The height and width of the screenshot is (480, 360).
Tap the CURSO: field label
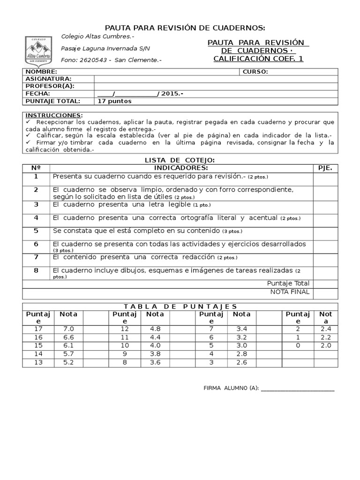tap(255, 72)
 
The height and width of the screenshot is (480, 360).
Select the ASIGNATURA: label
tap(48, 79)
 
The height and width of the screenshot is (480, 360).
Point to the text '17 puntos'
tap(115, 101)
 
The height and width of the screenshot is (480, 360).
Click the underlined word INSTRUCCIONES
tap(53, 115)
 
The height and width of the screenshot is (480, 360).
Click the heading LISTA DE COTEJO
tap(180, 160)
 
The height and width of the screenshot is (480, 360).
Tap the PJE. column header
tap(325, 168)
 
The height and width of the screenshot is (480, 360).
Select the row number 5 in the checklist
tap(36, 231)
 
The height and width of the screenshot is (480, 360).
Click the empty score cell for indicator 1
tap(325, 179)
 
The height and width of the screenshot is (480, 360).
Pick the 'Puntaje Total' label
tap(288, 283)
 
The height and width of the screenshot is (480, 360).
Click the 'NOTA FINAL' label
tap(290, 292)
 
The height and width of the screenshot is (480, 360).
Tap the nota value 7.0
tap(68, 329)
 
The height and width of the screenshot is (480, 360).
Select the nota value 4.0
tap(155, 345)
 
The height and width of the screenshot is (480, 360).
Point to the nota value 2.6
tap(242, 362)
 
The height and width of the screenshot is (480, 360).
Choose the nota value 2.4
tap(326, 329)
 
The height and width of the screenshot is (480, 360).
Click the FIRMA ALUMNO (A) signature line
tap(297, 389)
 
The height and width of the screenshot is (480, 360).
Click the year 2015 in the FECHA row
tap(170, 94)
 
